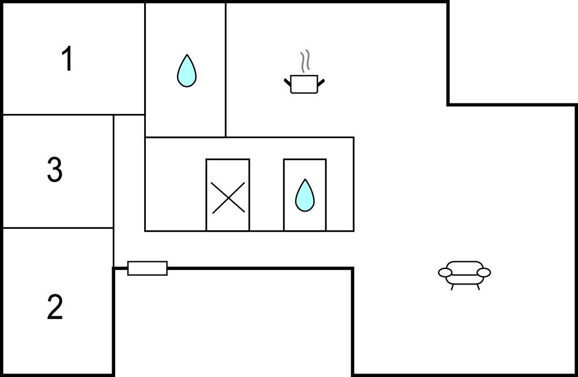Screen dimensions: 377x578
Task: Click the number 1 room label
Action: (x=68, y=59)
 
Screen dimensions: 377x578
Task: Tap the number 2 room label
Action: (x=54, y=307)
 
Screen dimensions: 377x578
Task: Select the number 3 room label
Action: (x=54, y=170)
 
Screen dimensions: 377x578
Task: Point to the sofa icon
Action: (x=465, y=273)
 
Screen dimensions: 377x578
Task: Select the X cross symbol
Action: (x=228, y=197)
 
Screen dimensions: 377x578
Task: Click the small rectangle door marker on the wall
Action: (x=148, y=268)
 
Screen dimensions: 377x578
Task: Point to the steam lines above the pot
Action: (x=305, y=61)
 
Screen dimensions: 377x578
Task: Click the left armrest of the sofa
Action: (x=445, y=272)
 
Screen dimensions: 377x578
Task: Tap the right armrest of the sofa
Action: (x=484, y=272)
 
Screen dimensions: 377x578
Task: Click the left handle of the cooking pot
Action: (x=287, y=83)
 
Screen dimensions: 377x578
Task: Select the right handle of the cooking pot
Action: (x=321, y=83)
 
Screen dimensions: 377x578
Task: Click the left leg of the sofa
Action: (x=452, y=287)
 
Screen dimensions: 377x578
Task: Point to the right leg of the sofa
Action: (x=478, y=287)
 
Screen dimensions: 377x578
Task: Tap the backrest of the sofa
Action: (x=465, y=265)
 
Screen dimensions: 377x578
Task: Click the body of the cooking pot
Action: (x=304, y=84)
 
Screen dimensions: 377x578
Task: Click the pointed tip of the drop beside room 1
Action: (x=186, y=56)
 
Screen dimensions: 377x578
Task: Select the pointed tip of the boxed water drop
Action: (x=305, y=180)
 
